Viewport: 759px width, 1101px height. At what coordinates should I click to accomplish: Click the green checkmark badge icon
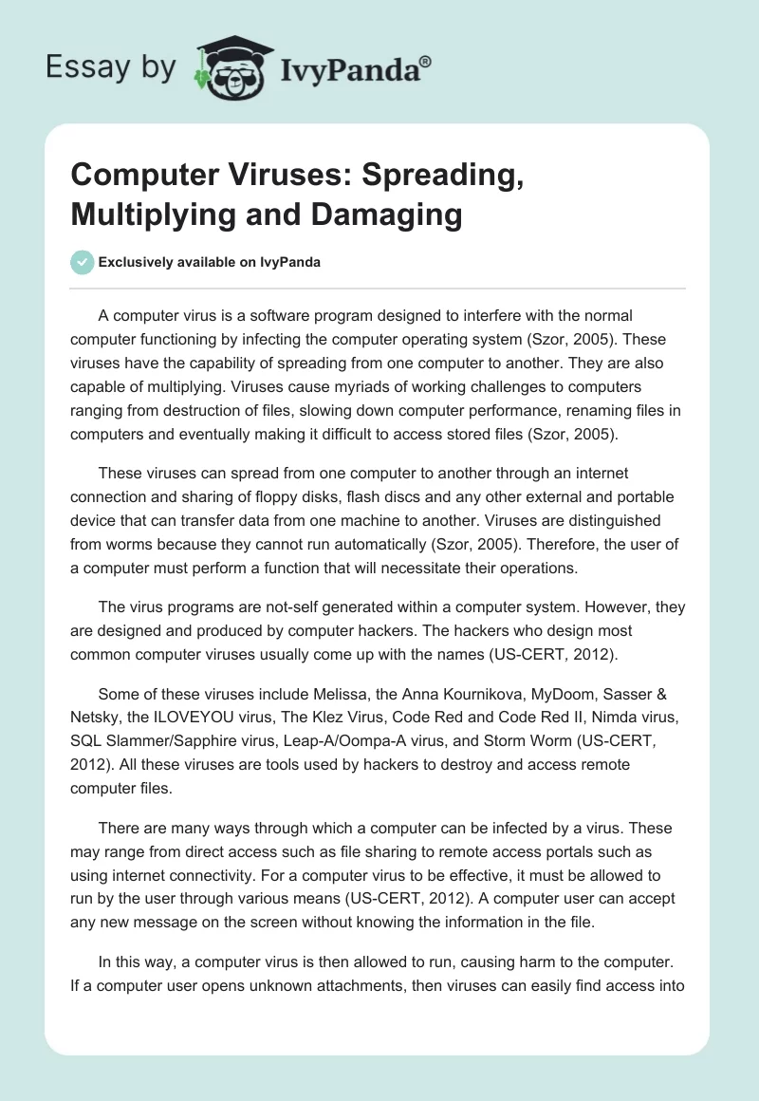pyautogui.click(x=82, y=262)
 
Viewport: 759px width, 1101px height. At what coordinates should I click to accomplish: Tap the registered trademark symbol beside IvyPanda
pyautogui.click(x=427, y=60)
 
